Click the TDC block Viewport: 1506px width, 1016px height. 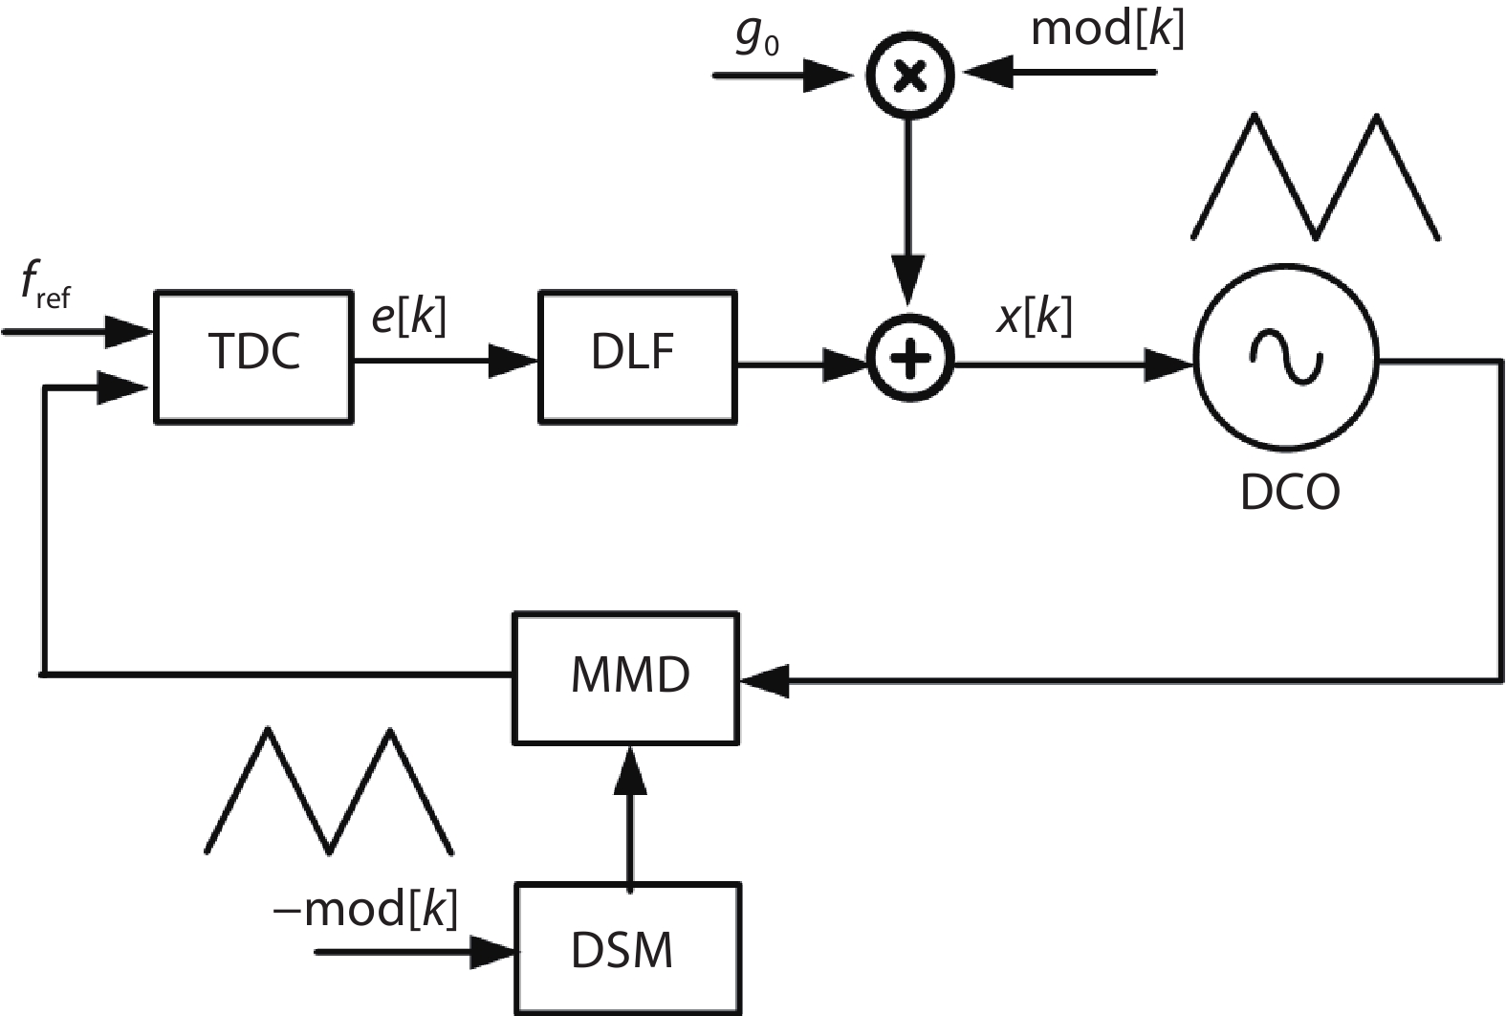click(253, 355)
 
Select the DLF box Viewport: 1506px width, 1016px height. click(637, 355)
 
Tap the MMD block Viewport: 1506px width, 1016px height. click(627, 677)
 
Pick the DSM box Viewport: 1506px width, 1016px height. click(627, 949)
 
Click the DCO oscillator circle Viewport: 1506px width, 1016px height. click(1287, 358)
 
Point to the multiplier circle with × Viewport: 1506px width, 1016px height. click(909, 75)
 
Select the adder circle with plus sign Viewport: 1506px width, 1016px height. click(910, 360)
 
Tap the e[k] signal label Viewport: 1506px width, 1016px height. click(408, 316)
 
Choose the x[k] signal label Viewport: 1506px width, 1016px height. click(1034, 316)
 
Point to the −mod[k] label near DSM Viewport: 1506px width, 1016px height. click(365, 909)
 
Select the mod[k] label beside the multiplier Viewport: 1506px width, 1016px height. click(1107, 29)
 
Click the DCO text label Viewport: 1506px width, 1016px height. click(1289, 493)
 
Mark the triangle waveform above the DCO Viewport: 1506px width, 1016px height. click(1315, 177)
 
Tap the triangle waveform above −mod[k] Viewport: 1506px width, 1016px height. click(329, 790)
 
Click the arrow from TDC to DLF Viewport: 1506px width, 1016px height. click(445, 361)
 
